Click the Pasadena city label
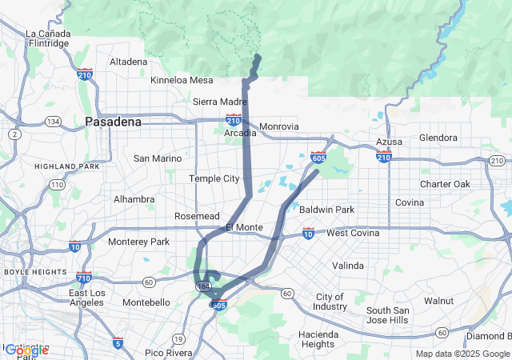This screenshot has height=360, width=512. tap(113, 122)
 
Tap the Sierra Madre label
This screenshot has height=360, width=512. tap(220, 102)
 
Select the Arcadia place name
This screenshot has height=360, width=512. tap(240, 133)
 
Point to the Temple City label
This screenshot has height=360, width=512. tap(214, 178)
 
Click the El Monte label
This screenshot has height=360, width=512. tap(244, 227)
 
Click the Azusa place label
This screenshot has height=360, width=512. tap(389, 142)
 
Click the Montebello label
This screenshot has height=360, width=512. tap(146, 302)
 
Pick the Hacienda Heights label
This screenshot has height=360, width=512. tap(318, 339)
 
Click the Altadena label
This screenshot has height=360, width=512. tap(128, 62)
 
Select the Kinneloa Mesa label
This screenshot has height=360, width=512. tap(182, 80)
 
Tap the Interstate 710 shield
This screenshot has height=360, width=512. tap(84, 278)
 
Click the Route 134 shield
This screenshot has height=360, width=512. tap(53, 121)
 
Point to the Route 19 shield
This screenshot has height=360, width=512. tap(176, 338)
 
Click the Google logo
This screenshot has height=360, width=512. tap(26, 350)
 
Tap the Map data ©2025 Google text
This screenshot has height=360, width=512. tap(462, 354)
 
